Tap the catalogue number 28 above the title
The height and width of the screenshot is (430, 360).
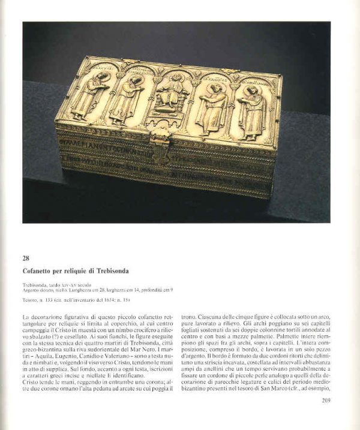27,258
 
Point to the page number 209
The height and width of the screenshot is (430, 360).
326,401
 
